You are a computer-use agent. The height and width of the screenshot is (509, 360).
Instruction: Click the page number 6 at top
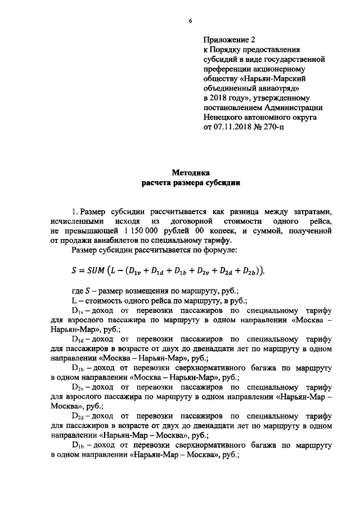[191, 21]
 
